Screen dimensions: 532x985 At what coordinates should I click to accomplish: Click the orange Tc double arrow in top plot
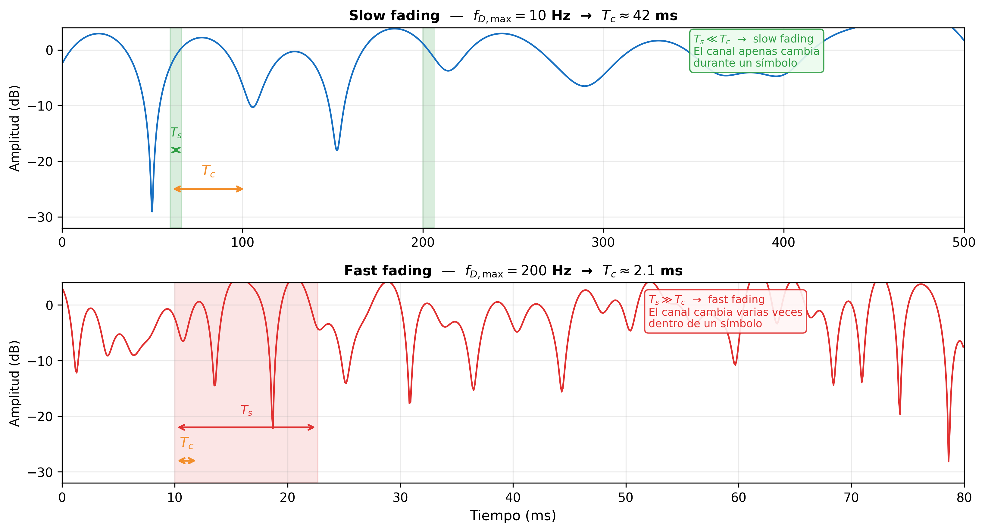[x=208, y=189]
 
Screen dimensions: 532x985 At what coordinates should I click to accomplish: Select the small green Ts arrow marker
[x=176, y=150]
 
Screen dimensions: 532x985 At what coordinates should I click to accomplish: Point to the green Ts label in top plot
[x=176, y=133]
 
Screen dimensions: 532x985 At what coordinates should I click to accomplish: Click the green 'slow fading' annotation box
[x=756, y=51]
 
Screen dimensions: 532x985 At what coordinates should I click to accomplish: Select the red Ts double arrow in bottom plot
[x=246, y=427]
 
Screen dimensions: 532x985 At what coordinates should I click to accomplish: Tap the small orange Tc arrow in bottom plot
[x=186, y=461]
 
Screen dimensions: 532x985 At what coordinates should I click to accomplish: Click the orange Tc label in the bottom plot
[x=186, y=443]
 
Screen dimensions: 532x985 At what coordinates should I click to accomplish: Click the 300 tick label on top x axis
[x=603, y=243]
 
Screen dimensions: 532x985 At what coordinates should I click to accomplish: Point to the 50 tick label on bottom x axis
[x=626, y=498]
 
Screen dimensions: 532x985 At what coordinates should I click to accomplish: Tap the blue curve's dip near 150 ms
[x=337, y=150]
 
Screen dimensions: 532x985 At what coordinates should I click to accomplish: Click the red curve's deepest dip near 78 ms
[x=948, y=461]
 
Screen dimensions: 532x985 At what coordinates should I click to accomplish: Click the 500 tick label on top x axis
[x=964, y=243]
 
